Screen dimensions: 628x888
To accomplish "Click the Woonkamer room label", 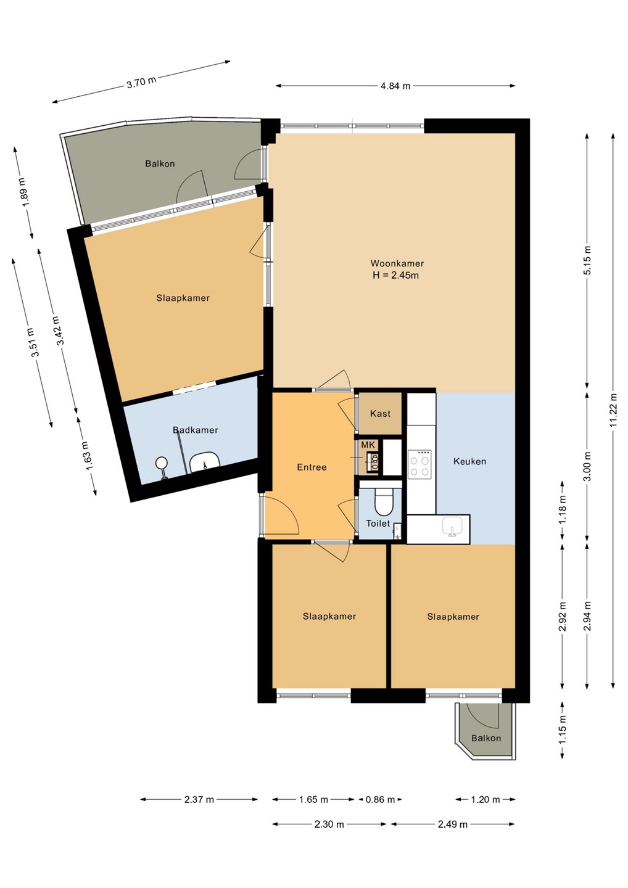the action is (397, 263).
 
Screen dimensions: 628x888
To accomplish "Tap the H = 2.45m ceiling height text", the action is (395, 275).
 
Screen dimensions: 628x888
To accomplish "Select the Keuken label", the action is (469, 461).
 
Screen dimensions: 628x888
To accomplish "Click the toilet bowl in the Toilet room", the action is (383, 501).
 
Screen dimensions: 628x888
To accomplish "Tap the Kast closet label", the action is (380, 414).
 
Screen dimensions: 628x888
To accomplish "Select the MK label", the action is (368, 445).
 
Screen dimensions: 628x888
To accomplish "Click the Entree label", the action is (312, 467).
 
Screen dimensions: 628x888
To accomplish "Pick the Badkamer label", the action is (195, 430).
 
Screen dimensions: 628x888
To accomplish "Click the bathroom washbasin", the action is (205, 464).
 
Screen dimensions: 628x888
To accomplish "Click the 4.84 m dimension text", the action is (395, 86).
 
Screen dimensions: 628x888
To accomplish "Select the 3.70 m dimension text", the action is (141, 82).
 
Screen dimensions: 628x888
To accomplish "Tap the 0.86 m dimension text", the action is (380, 800).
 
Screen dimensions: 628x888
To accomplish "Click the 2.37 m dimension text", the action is (199, 800).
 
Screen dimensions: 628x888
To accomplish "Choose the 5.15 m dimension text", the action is (587, 260).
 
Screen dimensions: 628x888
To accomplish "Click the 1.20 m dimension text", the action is (485, 800).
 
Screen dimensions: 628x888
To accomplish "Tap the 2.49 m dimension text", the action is (453, 825).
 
